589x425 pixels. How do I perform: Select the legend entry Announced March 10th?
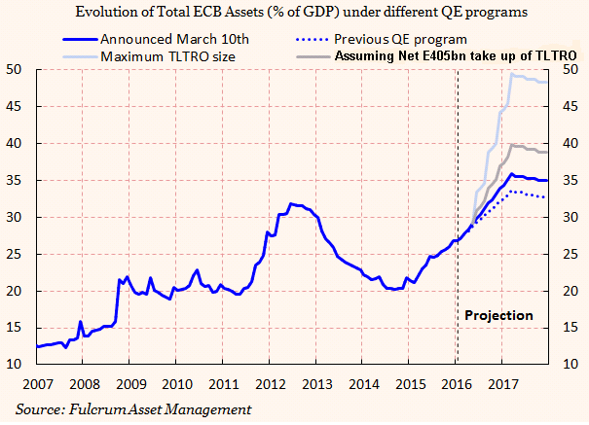coord(176,40)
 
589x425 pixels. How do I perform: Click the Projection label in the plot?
coord(498,316)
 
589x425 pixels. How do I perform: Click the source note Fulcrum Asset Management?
coord(132,407)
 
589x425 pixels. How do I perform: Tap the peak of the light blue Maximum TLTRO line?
coord(512,73)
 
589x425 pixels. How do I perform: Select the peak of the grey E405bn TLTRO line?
coord(511,144)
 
